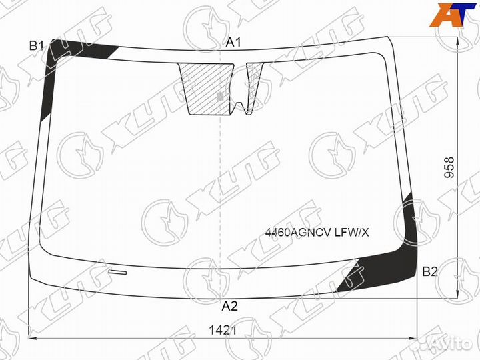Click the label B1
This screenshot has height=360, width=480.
[x=37, y=46]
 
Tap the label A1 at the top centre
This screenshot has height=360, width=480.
[x=233, y=42]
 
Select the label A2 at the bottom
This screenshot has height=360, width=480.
[x=229, y=306]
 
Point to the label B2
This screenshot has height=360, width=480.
[x=430, y=271]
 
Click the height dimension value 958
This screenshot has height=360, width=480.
[x=449, y=168]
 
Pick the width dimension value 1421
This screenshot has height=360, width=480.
[x=223, y=330]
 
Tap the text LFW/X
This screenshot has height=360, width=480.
[x=351, y=233]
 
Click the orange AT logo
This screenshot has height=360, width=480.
[x=453, y=15]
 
